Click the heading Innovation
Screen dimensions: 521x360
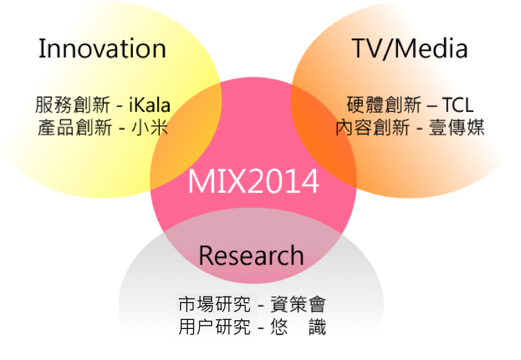102,48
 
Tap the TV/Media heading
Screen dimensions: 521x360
410,49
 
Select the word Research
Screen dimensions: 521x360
251,255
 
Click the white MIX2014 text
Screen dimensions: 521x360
253,181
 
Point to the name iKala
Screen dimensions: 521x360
150,105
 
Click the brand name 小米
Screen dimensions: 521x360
150,128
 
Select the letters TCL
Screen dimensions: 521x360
457,105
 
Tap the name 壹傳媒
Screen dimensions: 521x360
456,128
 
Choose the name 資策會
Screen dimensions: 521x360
298,304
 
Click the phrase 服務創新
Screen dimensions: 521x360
73,105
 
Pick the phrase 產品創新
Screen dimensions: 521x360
75,128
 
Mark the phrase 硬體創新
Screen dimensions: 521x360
384,105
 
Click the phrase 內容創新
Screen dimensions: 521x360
372,128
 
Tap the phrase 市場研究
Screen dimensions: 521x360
214,304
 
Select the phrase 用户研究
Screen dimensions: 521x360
214,327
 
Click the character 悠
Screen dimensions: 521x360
279,327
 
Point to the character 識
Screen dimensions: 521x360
317,327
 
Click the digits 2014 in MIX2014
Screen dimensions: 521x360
283,181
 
